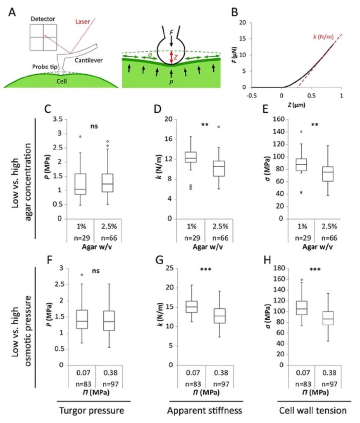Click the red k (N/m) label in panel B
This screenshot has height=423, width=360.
pyautogui.click(x=323, y=37)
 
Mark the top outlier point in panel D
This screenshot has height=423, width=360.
pyautogui.click(x=219, y=127)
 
